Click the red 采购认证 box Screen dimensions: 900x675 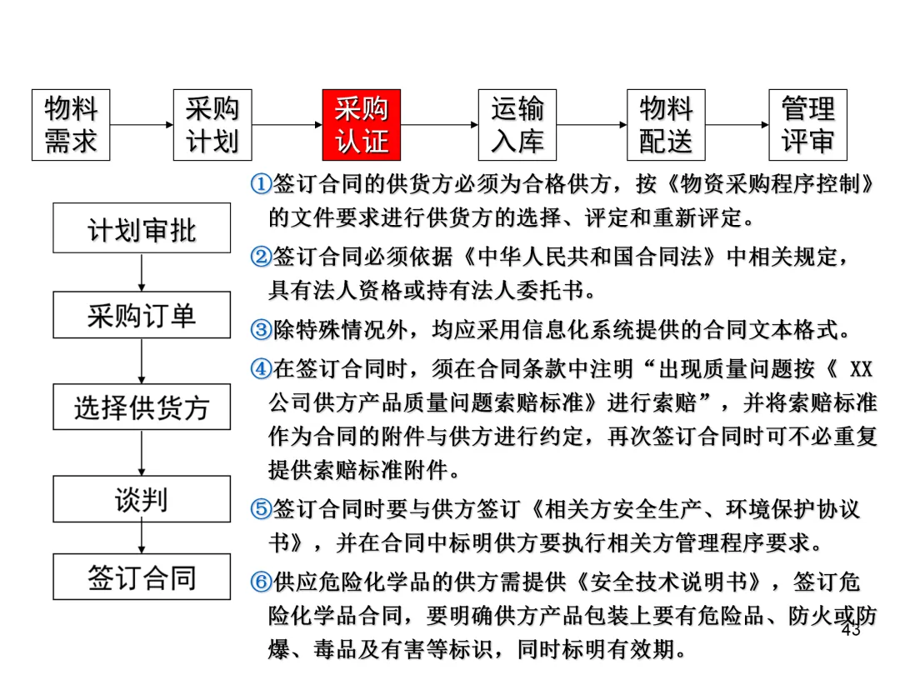(362, 125)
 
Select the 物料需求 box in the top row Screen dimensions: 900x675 (71, 125)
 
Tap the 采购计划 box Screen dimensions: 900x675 (212, 125)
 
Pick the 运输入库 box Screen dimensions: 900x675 (517, 125)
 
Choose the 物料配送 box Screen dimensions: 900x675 (666, 125)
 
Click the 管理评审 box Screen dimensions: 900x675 (807, 125)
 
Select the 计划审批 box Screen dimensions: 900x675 (142, 227)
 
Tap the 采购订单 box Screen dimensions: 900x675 (142, 315)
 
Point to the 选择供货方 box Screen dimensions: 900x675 (142, 407)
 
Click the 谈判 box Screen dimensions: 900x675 (142, 499)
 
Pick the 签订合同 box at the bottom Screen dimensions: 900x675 (142, 577)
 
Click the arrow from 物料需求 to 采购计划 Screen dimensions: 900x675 (142, 125)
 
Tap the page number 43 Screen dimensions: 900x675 (851, 631)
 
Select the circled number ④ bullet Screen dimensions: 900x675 (261, 367)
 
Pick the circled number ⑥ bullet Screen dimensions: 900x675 (261, 581)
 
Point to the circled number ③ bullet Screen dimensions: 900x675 (261, 330)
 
